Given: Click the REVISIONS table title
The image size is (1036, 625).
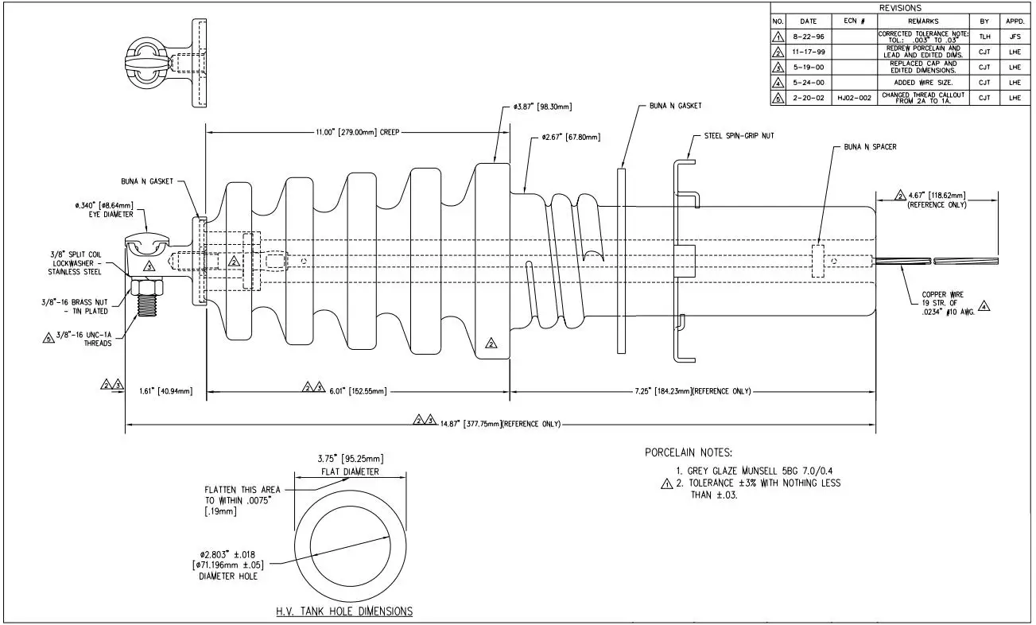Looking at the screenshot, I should click(900, 7).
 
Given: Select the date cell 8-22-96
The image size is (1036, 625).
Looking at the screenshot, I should click(808, 37).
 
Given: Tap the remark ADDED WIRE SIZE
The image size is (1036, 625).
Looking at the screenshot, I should click(922, 83).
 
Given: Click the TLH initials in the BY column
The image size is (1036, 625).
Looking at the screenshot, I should click(984, 37).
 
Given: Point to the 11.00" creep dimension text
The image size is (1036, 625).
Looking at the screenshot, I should click(357, 133).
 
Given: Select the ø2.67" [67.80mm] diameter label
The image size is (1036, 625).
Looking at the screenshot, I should click(571, 138).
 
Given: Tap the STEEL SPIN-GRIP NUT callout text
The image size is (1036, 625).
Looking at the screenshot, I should click(739, 136).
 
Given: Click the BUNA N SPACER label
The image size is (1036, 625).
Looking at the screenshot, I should click(870, 147).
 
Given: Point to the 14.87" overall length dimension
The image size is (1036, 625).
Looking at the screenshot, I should click(500, 424).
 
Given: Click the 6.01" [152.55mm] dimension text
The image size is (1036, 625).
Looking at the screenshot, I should click(356, 391).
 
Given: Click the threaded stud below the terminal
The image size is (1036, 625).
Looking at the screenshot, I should click(149, 304).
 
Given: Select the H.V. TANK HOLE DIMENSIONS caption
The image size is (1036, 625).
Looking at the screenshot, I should click(344, 611).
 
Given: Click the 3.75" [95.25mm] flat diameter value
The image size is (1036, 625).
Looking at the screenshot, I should click(351, 459).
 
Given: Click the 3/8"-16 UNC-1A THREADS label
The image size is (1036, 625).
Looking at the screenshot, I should click(87, 340).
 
